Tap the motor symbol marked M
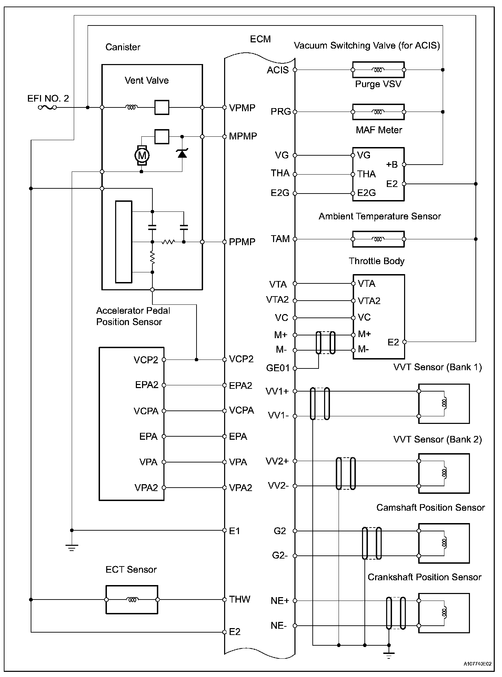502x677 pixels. pos(141,155)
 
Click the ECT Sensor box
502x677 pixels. pos(132,600)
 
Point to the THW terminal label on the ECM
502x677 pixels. pos(240,599)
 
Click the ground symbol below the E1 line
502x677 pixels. pos(72,548)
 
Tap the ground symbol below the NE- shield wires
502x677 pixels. pos(389,655)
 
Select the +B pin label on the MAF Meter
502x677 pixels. pos(392,165)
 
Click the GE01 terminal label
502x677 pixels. pos(278,368)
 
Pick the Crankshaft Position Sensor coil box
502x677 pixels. pos(444,613)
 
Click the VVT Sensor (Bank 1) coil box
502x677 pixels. pos(444,404)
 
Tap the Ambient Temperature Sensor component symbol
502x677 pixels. pos(378,239)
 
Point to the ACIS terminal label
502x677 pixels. pos(278,70)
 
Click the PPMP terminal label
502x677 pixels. pos(242,242)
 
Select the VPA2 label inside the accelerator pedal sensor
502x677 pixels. pos(146,488)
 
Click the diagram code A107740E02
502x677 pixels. pos(477,664)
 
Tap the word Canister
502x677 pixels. pos(123,47)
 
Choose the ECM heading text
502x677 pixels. pos(260,39)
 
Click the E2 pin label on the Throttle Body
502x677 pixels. pos(393,342)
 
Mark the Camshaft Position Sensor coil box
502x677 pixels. pos(444,543)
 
